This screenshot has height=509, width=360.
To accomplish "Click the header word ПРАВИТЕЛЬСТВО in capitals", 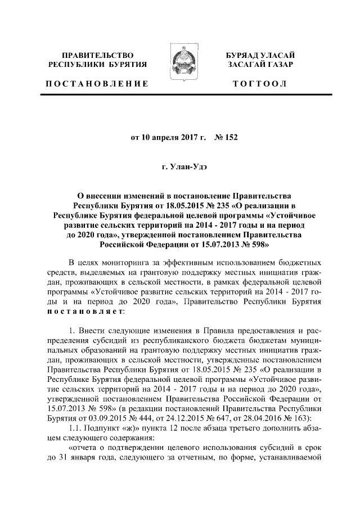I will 98,55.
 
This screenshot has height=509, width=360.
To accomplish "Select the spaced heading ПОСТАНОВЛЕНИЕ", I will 97,84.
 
